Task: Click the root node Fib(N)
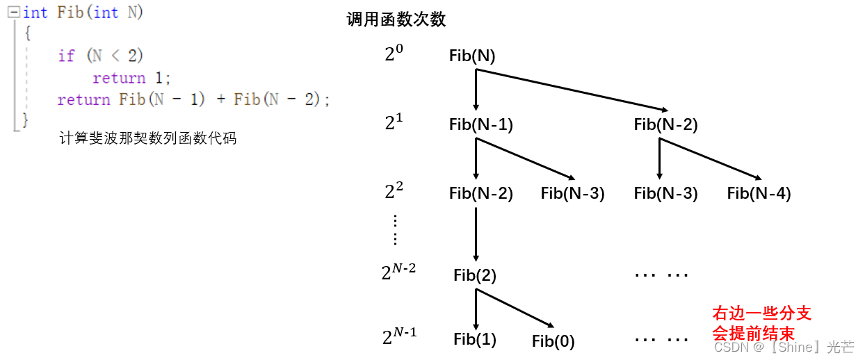point(472,56)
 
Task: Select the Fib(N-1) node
point(481,125)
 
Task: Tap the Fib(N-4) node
point(759,194)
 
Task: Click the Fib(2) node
point(475,276)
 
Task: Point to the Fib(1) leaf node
point(475,339)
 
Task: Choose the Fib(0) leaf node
point(553,341)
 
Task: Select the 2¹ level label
point(394,123)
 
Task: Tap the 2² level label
point(394,191)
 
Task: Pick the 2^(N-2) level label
point(398,272)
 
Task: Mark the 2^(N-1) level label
point(399,336)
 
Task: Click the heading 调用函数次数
point(396,19)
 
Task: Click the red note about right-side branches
point(761,323)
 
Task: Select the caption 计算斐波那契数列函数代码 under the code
point(148,138)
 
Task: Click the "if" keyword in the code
point(66,56)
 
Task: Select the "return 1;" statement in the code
point(131,78)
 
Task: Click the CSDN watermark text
point(784,347)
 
